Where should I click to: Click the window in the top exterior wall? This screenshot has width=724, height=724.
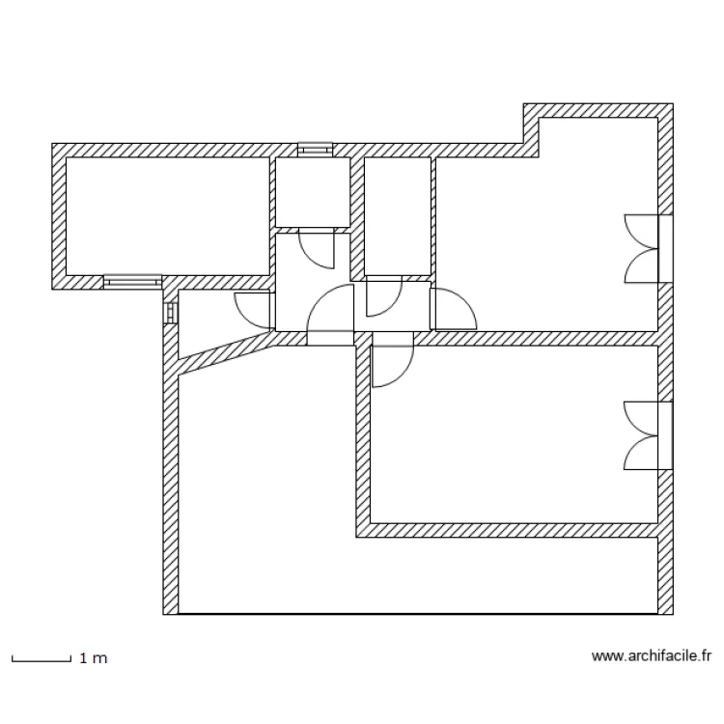click(314, 150)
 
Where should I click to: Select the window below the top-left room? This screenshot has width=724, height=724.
click(131, 281)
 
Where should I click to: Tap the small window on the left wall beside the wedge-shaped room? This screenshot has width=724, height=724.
click(171, 313)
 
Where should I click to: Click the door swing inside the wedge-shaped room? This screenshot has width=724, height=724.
click(253, 308)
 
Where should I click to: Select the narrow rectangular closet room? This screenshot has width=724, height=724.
click(397, 214)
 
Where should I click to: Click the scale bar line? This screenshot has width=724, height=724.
click(41, 660)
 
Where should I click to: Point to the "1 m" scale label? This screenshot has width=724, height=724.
click(93, 658)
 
